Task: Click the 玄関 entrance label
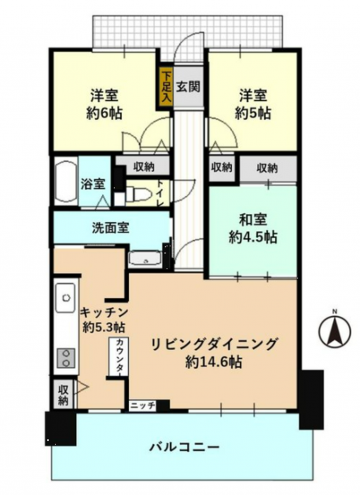click(188, 86)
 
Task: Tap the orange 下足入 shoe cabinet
click(166, 87)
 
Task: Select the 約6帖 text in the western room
click(104, 113)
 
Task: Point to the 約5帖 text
click(253, 113)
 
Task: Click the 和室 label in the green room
click(253, 220)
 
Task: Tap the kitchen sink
click(66, 298)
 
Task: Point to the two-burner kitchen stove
click(66, 358)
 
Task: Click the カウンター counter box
click(119, 356)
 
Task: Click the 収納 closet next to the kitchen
click(63, 394)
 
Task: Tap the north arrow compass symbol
click(335, 331)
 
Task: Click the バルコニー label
click(184, 447)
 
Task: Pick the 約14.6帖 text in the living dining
click(213, 362)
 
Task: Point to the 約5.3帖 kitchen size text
click(104, 327)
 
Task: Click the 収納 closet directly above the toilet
click(143, 166)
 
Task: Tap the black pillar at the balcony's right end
click(311, 399)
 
